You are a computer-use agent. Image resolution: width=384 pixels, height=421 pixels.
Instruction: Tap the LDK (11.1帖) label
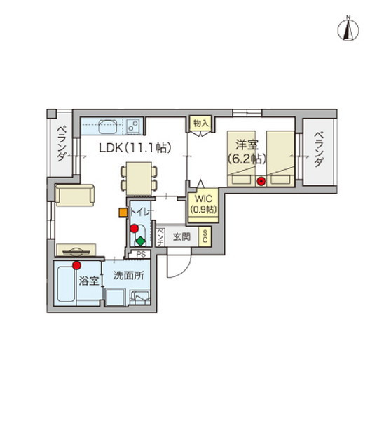click(x=132, y=147)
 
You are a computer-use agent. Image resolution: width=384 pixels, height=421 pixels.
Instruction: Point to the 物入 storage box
click(x=200, y=123)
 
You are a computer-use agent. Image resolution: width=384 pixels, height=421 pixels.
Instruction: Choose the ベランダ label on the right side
click(x=318, y=149)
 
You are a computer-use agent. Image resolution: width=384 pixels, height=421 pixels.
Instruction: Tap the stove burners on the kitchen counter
click(x=132, y=127)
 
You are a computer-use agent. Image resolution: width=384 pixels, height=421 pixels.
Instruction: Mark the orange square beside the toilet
click(x=123, y=211)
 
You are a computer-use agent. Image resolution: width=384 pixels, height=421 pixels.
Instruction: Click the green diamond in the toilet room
click(x=140, y=240)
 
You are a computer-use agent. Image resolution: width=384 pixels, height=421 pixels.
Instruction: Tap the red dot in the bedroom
click(x=261, y=182)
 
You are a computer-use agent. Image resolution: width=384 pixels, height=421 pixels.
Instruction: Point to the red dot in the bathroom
click(x=76, y=265)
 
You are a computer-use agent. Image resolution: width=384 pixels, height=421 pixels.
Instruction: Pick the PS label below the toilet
click(x=141, y=254)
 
